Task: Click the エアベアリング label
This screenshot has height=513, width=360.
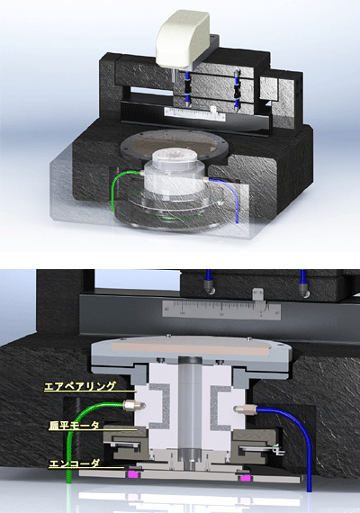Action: pyautogui.click(x=80, y=386)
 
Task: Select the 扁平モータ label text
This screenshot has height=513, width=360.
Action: pyautogui.click(x=74, y=426)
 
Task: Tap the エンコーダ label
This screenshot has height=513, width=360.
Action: pyautogui.click(x=74, y=463)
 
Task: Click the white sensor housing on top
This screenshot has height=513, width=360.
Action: pyautogui.click(x=183, y=40)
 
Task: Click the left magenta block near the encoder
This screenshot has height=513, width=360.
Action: pyautogui.click(x=133, y=474)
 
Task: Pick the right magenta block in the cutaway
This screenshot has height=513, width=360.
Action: pyautogui.click(x=245, y=478)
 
